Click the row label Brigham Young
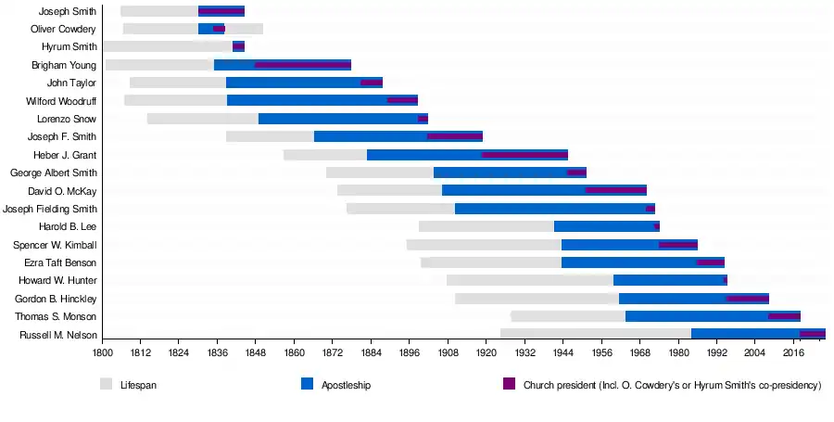point(63,65)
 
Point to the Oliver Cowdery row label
point(63,29)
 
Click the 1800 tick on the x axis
point(102,353)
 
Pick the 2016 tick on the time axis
point(793,353)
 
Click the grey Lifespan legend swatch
point(107,384)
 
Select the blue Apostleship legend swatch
point(308,384)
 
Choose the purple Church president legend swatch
point(509,384)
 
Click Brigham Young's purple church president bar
point(303,65)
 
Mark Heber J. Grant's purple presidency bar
point(524,155)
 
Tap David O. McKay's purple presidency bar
point(615,190)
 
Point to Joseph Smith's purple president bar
point(221,11)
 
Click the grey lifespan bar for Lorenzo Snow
point(202,119)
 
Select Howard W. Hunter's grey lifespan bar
point(529,280)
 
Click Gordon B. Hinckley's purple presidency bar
point(748,299)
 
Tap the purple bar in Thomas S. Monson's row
point(784,316)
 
